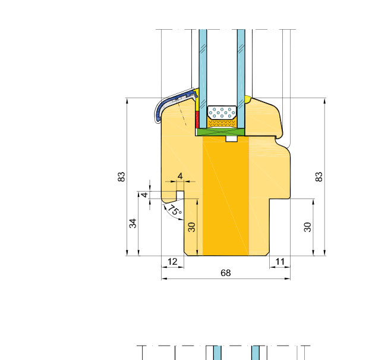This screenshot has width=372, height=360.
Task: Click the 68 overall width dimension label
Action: click(225, 273)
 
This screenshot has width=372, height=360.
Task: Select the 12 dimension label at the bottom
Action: click(172, 262)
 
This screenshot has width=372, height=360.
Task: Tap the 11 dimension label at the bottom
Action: click(280, 262)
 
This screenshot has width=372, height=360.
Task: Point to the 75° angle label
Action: click(175, 210)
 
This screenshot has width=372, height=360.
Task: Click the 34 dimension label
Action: click(133, 223)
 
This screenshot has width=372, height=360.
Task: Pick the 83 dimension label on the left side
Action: click(121, 177)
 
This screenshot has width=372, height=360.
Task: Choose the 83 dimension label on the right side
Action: click(319, 177)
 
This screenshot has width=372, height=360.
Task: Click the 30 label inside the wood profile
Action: click(191, 227)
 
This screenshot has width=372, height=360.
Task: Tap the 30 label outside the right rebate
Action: click(307, 227)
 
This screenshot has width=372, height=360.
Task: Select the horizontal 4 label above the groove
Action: click(180, 176)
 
